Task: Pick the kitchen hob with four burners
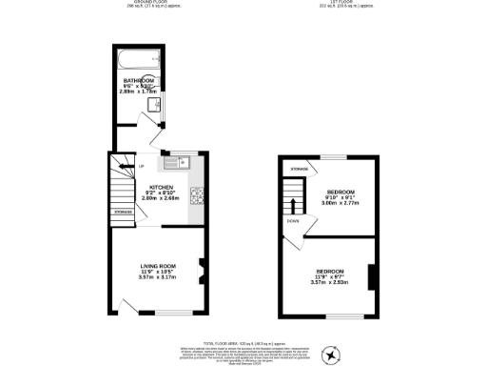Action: tap(198, 196)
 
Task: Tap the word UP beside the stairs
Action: tap(142, 168)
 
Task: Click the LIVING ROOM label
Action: tap(158, 265)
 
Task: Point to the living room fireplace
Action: tap(201, 272)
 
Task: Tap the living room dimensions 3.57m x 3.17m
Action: tap(158, 278)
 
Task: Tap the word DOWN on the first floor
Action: tap(293, 222)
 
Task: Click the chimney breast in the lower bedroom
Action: tap(370, 276)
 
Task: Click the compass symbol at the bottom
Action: tap(330, 356)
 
